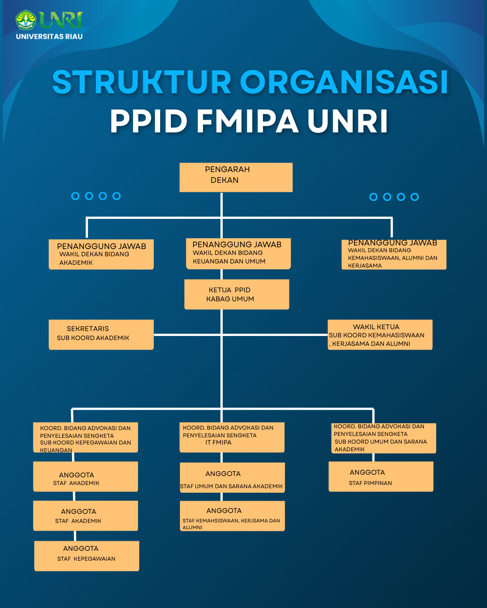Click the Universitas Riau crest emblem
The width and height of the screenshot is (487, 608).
click(x=26, y=20)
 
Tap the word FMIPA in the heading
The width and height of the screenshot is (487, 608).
click(x=248, y=122)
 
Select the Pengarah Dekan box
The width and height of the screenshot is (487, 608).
click(x=236, y=177)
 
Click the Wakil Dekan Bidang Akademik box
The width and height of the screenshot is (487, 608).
click(x=101, y=254)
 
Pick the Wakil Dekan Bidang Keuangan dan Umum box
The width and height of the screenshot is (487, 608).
click(x=238, y=254)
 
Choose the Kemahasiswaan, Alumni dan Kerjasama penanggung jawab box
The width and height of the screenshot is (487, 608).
click(x=394, y=255)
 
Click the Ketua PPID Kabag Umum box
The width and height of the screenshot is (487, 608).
click(x=236, y=295)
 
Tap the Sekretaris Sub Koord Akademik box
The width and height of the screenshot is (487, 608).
click(x=101, y=334)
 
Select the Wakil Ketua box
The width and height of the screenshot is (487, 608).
click(x=380, y=335)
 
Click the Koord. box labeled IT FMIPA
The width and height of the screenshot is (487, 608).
click(x=232, y=437)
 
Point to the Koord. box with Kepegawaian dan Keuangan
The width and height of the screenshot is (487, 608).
click(x=85, y=437)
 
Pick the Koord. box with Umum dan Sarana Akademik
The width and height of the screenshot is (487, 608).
click(x=384, y=438)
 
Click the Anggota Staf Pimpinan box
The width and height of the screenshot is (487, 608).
click(x=381, y=476)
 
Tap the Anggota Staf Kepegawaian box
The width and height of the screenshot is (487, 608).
click(x=87, y=556)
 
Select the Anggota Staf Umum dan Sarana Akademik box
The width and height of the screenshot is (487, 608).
click(x=232, y=477)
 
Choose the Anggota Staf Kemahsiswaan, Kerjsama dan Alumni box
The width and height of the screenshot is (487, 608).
click(x=232, y=516)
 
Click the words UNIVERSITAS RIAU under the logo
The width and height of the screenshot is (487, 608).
click(x=49, y=36)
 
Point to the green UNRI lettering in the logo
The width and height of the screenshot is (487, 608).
click(x=60, y=20)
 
